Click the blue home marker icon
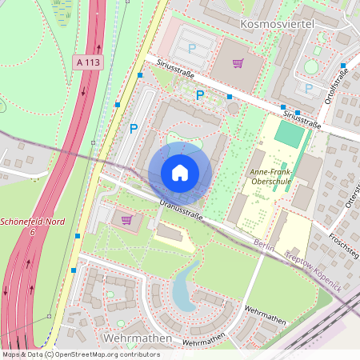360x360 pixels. pos(180,172)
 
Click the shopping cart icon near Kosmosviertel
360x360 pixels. pos(238,62)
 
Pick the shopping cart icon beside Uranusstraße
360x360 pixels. pos(126,219)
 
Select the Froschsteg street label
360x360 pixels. pos(343,242)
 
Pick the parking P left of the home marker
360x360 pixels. pos(134,128)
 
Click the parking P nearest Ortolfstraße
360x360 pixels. pos(308,88)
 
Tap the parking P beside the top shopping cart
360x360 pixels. pos(191,48)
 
